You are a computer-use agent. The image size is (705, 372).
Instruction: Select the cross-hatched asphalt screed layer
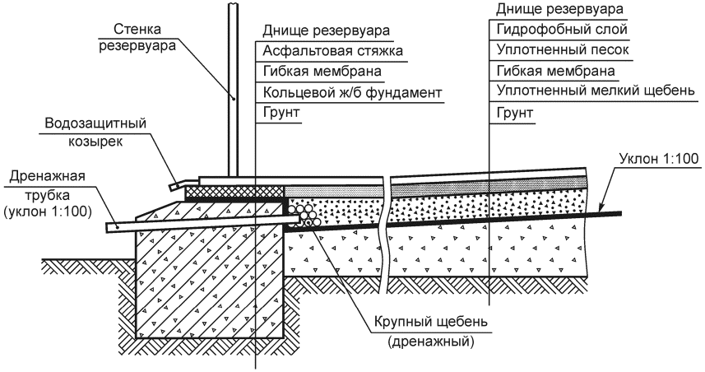234,191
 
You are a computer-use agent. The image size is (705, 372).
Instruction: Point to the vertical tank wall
234,91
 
